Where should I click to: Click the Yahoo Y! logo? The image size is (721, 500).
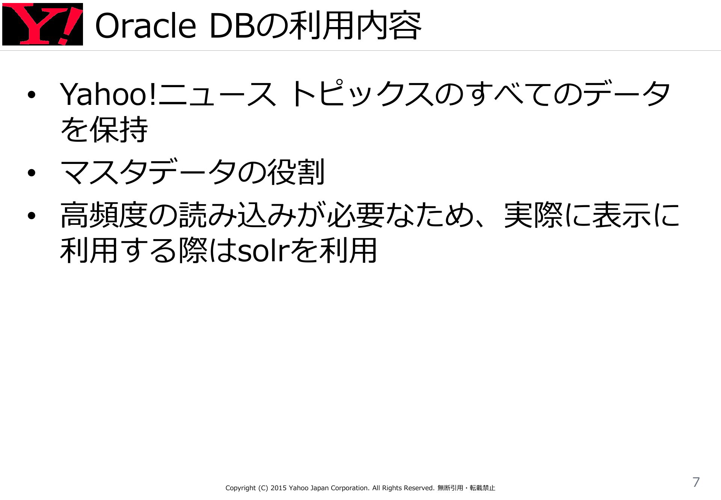point(42,24)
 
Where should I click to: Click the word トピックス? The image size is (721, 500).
point(361,94)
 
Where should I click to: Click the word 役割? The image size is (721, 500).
point(296,172)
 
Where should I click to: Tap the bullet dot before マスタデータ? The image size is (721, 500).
point(31,173)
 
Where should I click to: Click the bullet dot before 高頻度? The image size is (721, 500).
point(31,215)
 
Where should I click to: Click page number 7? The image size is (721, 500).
point(696,482)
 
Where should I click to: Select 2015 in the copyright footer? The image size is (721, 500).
point(279,488)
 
